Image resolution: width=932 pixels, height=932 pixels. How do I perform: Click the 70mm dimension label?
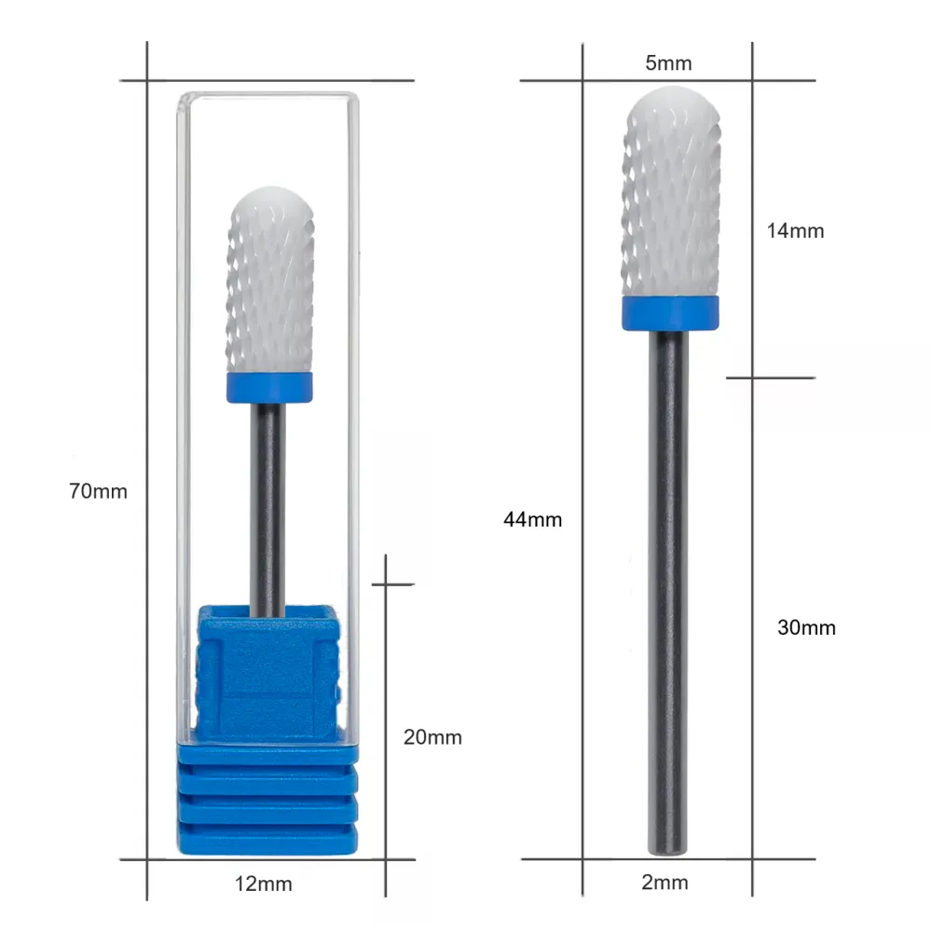tap(98, 491)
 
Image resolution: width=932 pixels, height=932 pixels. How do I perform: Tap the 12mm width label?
tap(264, 884)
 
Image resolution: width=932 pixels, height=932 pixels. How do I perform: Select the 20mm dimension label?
tap(432, 737)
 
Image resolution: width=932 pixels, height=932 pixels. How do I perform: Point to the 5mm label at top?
tap(668, 63)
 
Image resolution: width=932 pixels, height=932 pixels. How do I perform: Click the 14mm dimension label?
tap(795, 230)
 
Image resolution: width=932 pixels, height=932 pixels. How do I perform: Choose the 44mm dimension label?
tap(532, 519)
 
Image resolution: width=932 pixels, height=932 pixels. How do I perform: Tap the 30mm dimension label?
tap(806, 627)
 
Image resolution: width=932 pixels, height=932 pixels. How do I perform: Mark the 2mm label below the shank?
tap(665, 882)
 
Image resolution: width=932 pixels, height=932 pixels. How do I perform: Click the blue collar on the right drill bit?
tap(670, 312)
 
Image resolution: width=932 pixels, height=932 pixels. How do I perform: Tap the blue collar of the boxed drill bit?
tap(269, 388)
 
